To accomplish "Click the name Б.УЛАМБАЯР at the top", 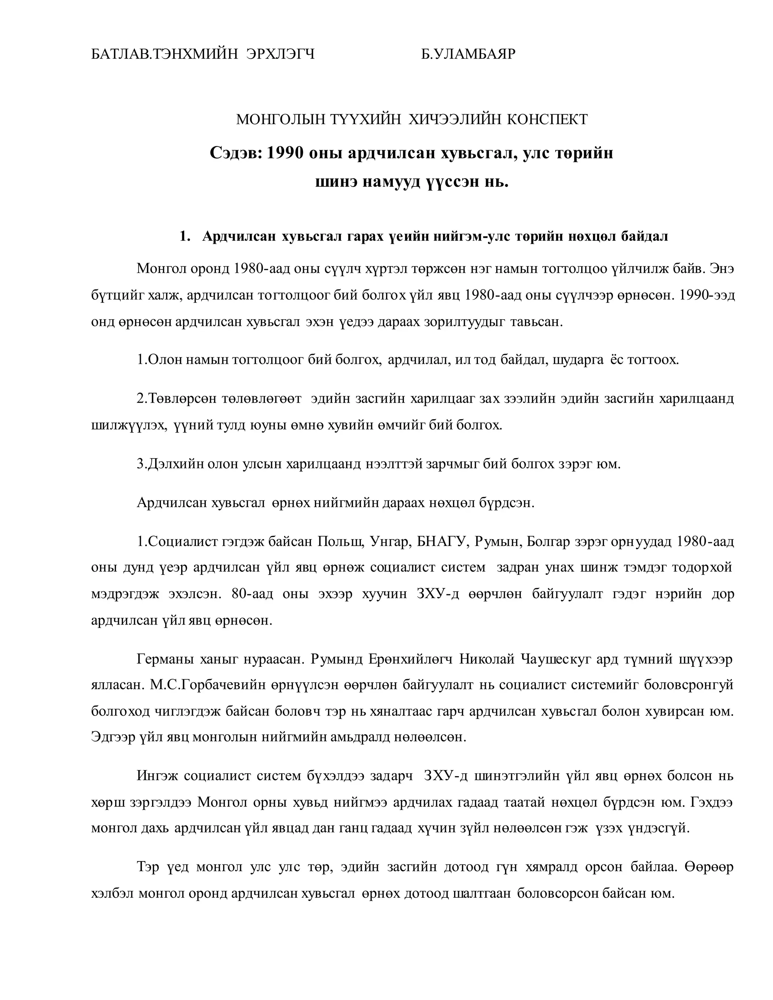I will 468,54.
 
